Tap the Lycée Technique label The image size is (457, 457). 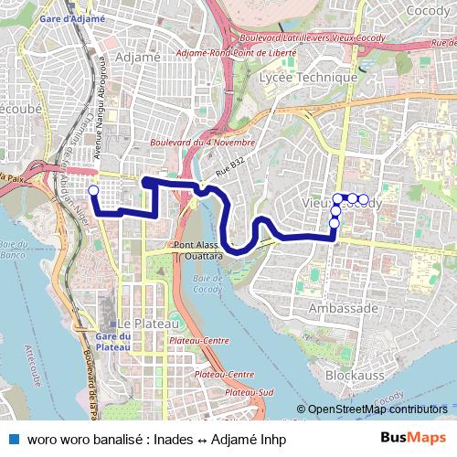tap(308, 78)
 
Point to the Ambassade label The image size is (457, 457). tap(343, 309)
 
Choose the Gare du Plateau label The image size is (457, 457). tap(112, 341)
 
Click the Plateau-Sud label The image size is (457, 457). tap(253, 391)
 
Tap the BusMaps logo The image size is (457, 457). tap(413, 439)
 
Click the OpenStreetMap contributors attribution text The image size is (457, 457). tap(376, 409)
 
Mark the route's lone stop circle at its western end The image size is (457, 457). tap(92, 190)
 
